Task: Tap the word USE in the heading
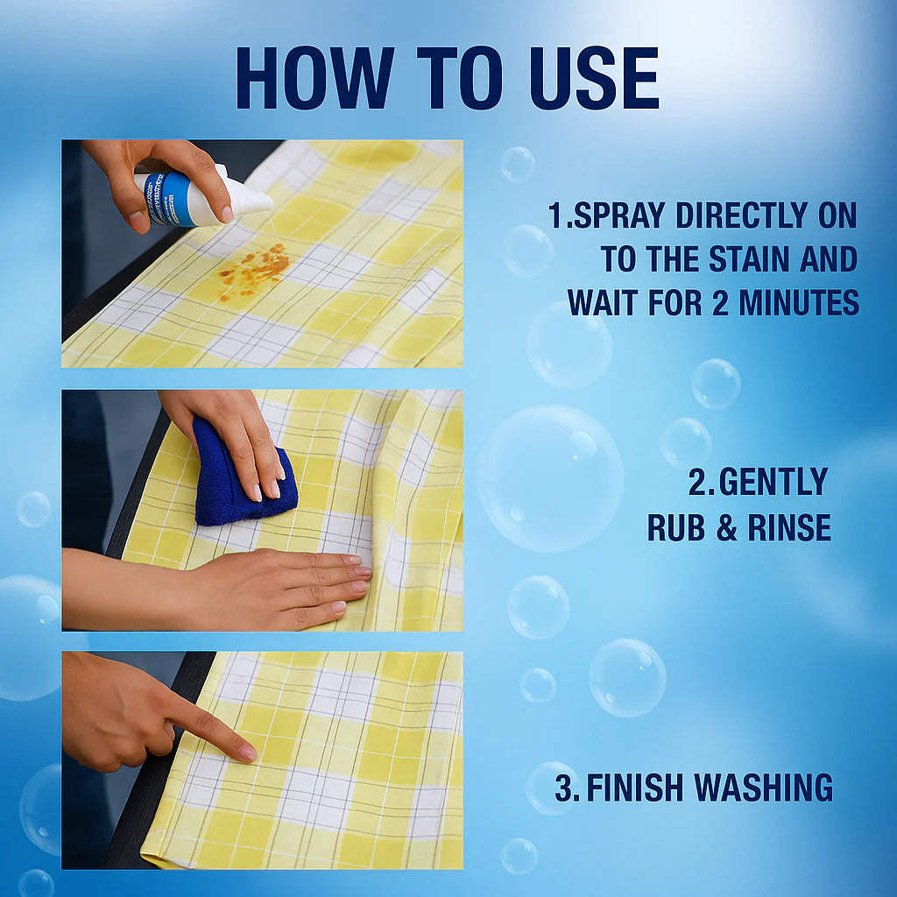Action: tap(595, 78)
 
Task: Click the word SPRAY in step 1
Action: tap(619, 215)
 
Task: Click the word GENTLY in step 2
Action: tap(773, 482)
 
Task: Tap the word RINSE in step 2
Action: tap(789, 526)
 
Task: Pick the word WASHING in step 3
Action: tap(764, 788)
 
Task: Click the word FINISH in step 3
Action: tap(635, 788)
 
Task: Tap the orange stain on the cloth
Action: tap(253, 271)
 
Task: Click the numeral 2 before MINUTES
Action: tap(720, 302)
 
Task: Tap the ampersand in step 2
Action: tap(726, 527)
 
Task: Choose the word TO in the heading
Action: tap(460, 78)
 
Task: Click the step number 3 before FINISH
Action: tap(564, 788)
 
